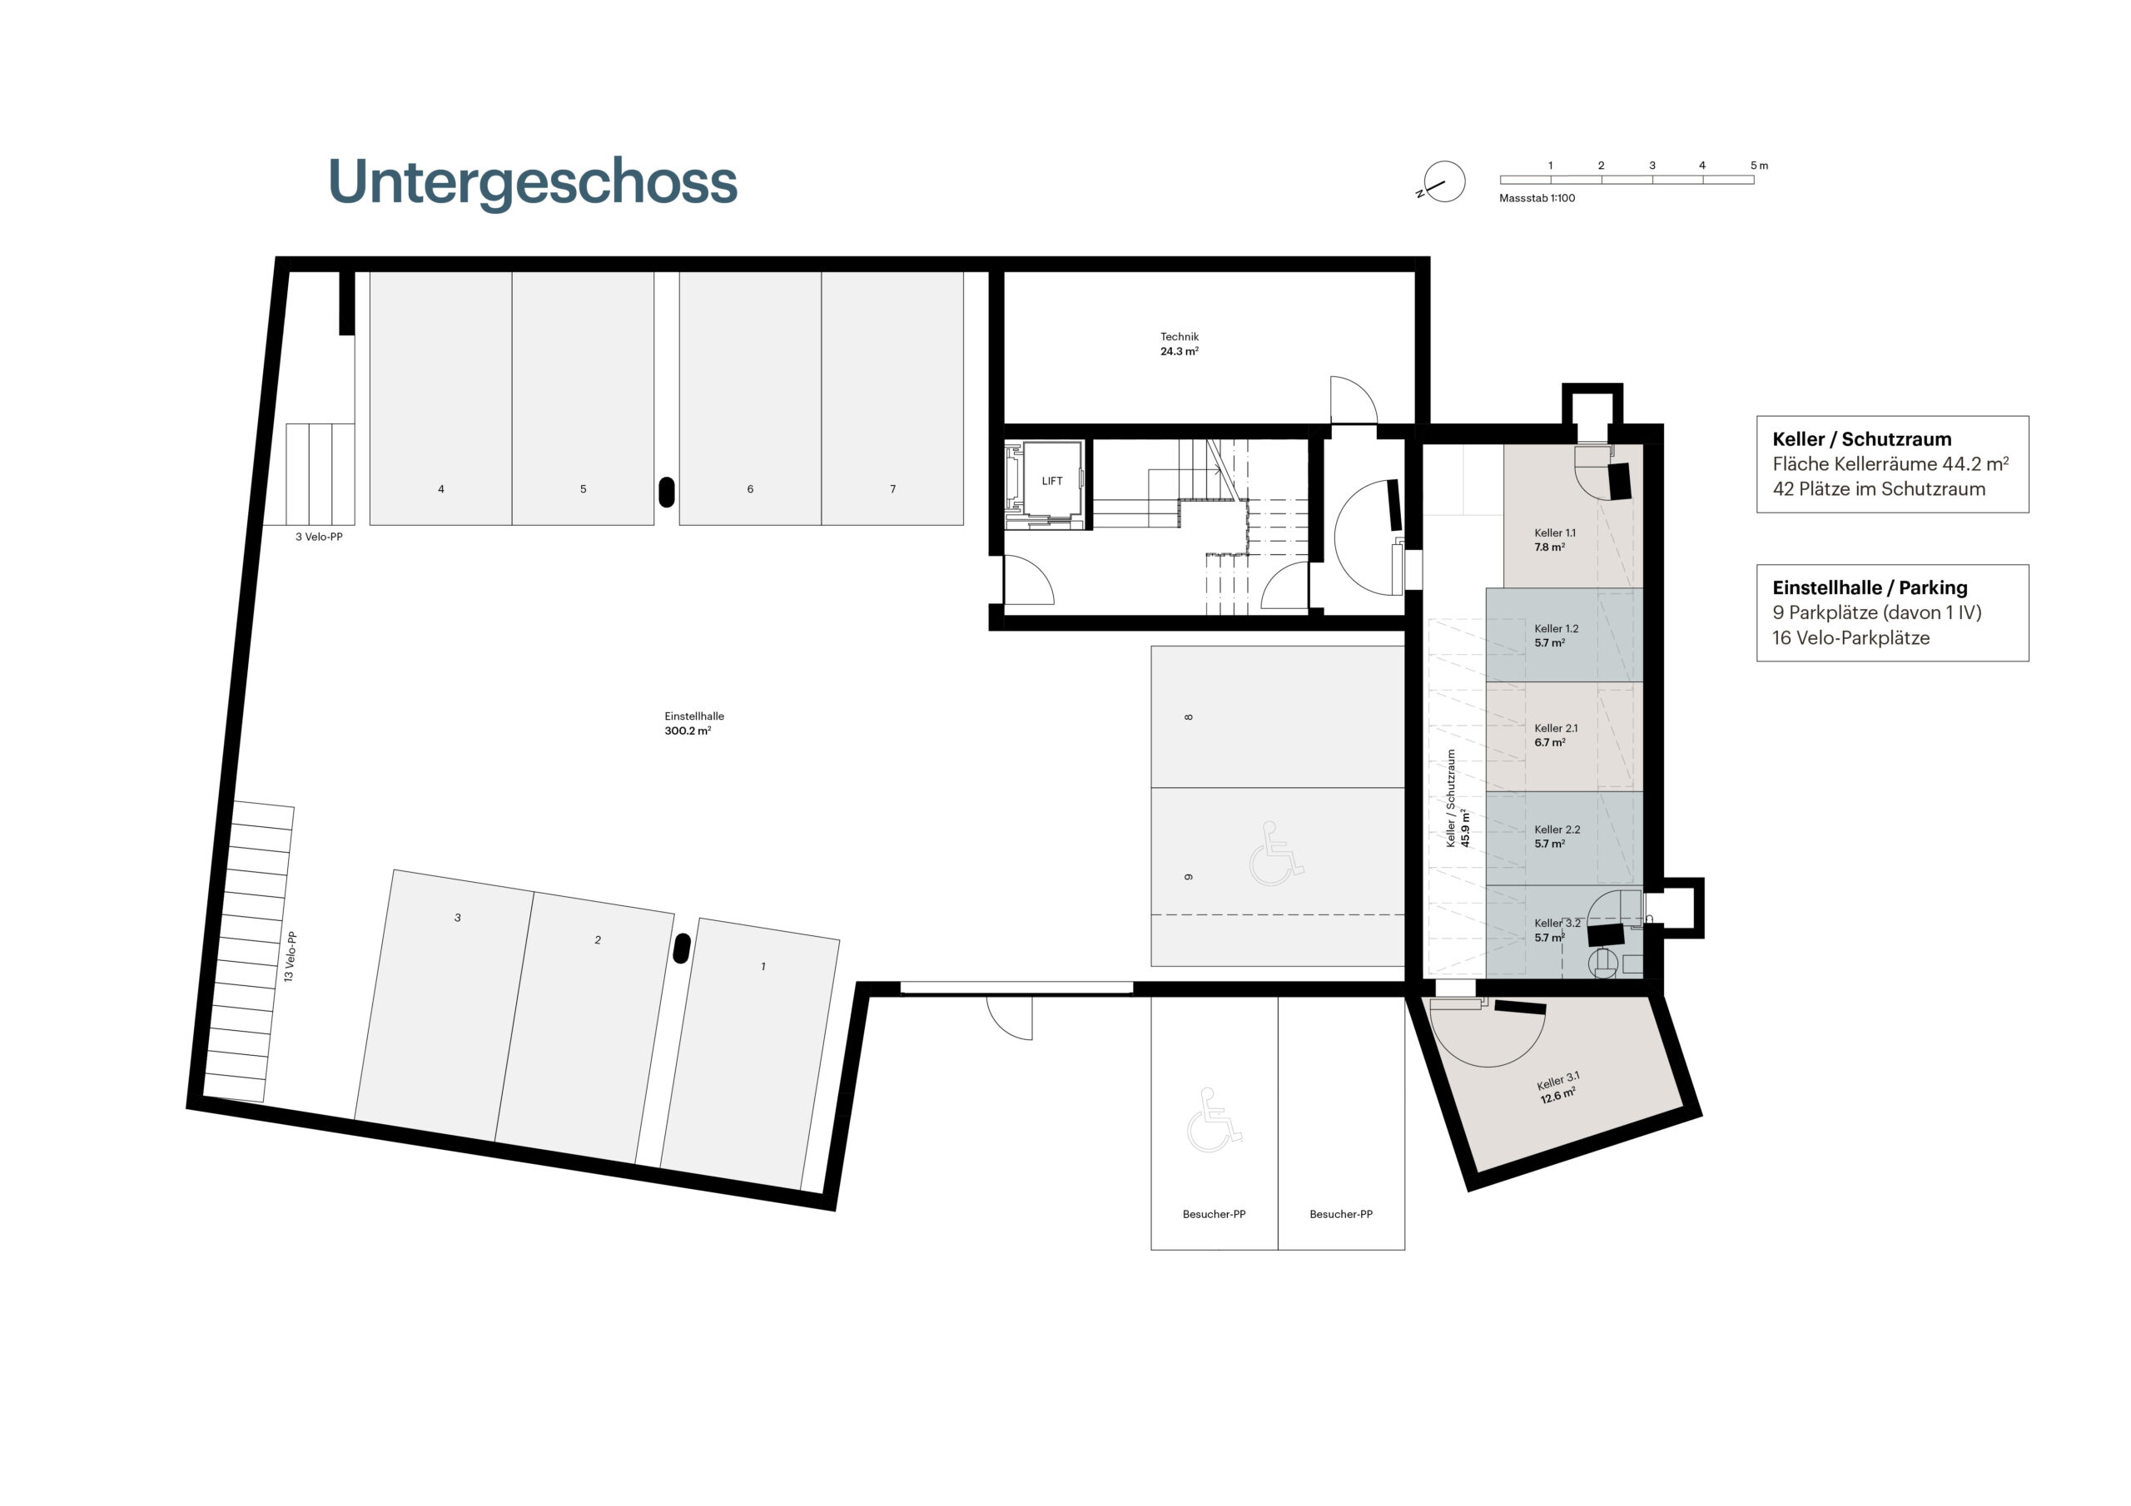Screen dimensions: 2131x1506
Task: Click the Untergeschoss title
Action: pos(533,183)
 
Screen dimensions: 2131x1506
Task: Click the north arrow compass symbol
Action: pos(1443,182)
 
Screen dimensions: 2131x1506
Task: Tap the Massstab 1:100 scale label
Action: pos(1537,199)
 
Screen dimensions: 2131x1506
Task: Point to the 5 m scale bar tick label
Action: pos(1759,166)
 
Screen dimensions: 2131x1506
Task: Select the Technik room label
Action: pos(1179,344)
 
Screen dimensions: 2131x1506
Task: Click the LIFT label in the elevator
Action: pos(1051,481)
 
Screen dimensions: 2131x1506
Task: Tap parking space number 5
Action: pos(583,489)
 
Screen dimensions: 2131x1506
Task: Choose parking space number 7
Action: pos(893,489)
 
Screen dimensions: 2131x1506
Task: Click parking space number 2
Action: pos(598,940)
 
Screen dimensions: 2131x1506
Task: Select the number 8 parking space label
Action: pos(1188,716)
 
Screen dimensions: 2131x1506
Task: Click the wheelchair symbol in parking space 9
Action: pos(1276,853)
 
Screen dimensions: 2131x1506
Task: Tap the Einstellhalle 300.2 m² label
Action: pos(688,724)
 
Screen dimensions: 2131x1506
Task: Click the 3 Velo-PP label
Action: pos(320,538)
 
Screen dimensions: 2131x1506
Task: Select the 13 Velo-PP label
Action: pos(291,957)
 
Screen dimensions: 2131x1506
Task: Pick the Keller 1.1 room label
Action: pos(1555,540)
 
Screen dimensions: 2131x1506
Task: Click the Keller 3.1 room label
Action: pos(1558,1087)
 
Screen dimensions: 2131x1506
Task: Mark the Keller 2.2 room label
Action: pos(1557,837)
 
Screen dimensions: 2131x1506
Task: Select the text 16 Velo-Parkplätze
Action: pos(1850,638)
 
